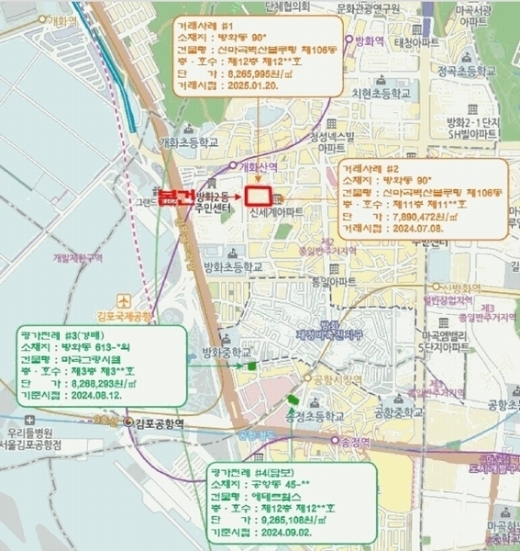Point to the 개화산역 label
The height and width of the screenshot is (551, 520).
point(256,167)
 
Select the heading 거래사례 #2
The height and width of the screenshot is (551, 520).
point(371,168)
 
